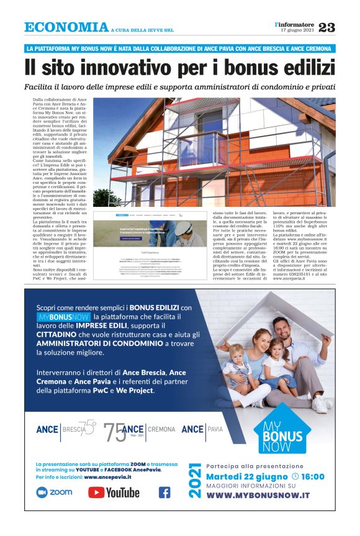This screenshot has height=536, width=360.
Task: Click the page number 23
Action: [326, 27]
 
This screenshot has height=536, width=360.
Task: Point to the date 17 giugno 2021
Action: [297, 30]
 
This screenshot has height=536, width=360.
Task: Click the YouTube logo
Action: [114, 493]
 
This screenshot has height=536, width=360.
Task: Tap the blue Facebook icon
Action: [164, 493]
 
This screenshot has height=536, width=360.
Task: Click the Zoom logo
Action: [55, 493]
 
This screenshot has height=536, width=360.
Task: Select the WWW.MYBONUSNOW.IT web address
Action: [258, 495]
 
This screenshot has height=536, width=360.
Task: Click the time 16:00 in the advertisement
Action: [313, 476]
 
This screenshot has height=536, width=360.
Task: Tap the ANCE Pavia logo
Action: [202, 429]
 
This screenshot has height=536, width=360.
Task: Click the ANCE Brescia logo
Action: [66, 429]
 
